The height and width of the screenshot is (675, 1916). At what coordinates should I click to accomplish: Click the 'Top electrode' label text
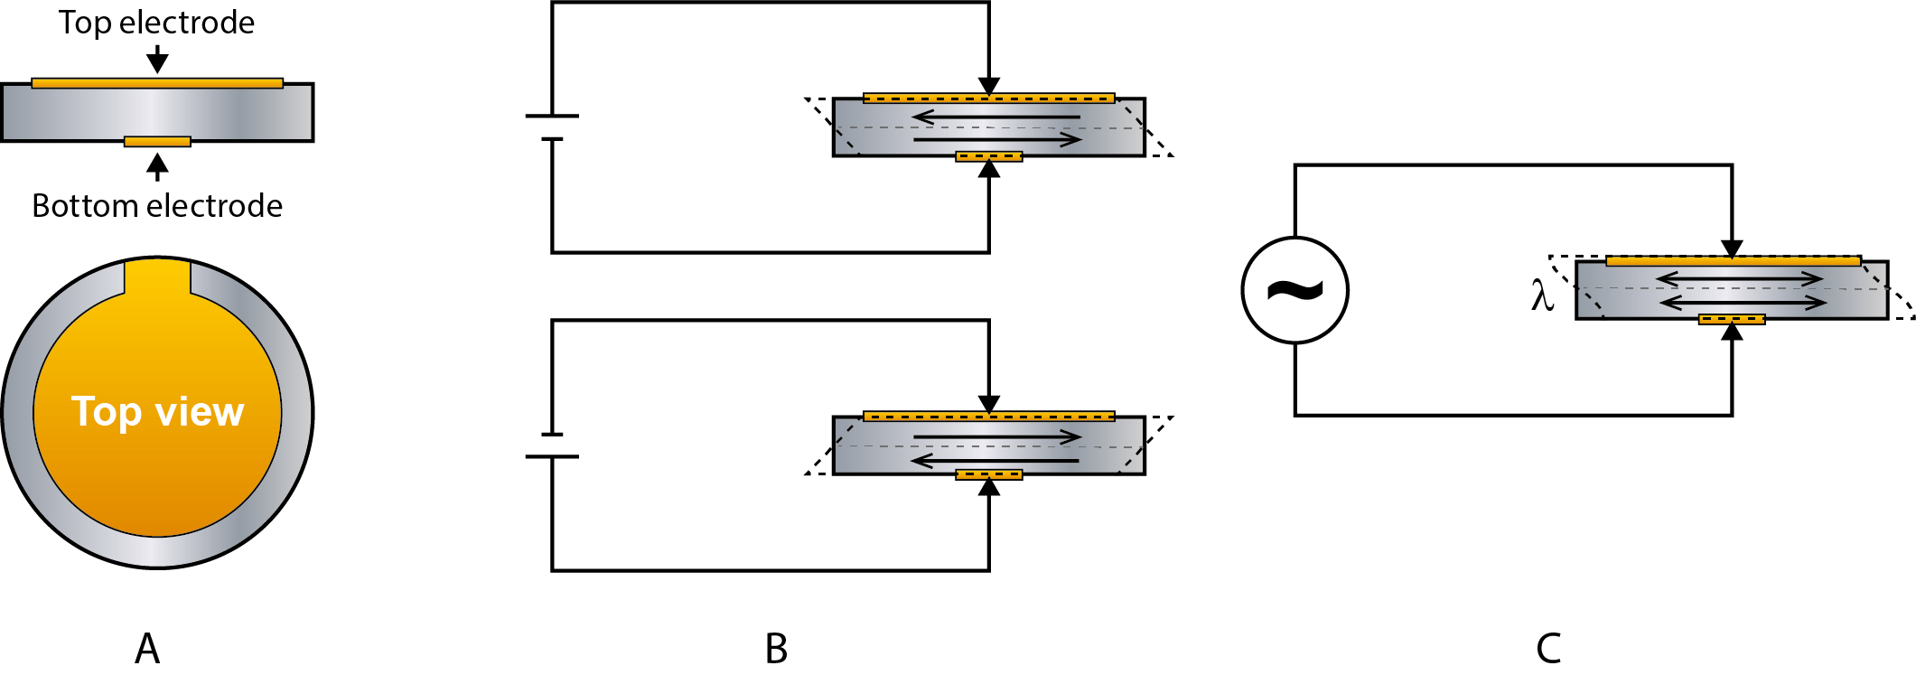click(x=156, y=23)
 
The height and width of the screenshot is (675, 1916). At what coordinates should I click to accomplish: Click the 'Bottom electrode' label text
click(x=157, y=206)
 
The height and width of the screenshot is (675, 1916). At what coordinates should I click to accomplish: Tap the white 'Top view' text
click(x=157, y=412)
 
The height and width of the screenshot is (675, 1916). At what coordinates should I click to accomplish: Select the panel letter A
click(x=147, y=649)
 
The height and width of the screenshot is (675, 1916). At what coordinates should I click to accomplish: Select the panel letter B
click(x=776, y=649)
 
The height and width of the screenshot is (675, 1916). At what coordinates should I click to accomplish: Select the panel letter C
click(x=1548, y=649)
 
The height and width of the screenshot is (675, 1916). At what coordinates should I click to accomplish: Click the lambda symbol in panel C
click(x=1542, y=295)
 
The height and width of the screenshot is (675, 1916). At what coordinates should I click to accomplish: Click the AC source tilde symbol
click(x=1294, y=290)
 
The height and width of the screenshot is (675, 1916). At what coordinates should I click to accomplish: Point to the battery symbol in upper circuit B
click(x=552, y=127)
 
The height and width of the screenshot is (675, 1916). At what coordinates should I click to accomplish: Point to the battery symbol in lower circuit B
click(x=552, y=445)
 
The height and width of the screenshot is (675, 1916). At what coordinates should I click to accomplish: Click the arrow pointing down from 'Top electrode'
click(x=157, y=60)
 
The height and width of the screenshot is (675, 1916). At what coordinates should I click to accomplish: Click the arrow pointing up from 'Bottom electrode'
click(x=157, y=166)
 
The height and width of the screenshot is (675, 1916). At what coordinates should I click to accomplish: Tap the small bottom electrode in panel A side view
click(x=157, y=142)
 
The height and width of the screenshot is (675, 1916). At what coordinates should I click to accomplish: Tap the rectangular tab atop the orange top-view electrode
click(x=157, y=276)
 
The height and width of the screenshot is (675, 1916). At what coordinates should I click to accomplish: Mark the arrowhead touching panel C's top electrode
click(x=1732, y=248)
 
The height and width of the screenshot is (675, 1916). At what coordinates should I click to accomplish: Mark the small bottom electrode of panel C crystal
click(x=1732, y=319)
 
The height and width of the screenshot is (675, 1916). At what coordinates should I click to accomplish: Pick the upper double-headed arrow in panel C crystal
click(x=1739, y=279)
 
